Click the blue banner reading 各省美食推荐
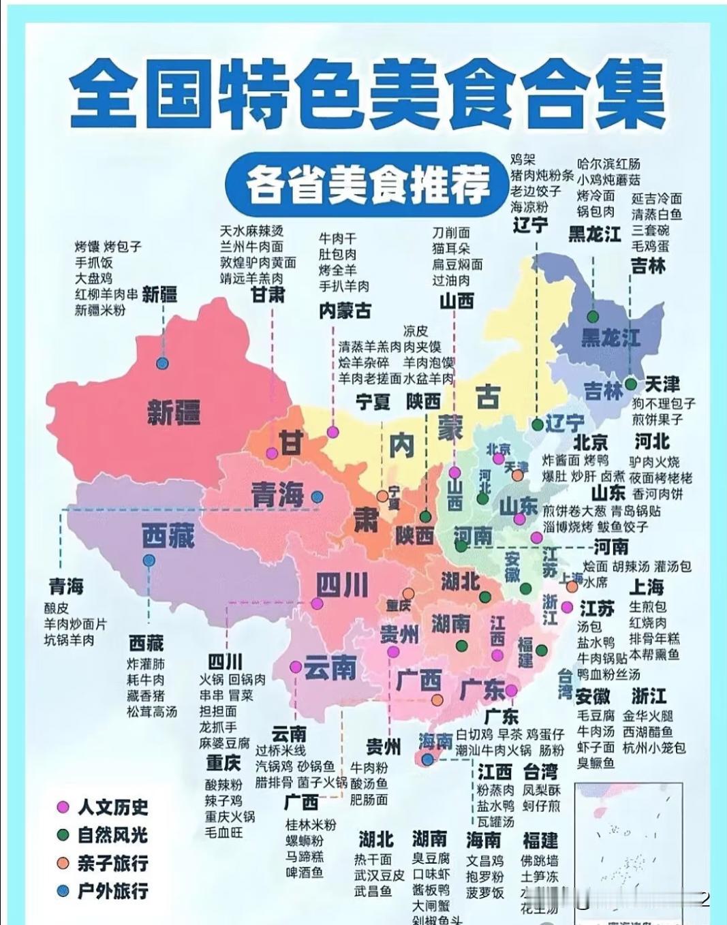[x=369, y=183]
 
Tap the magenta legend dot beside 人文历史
[x=63, y=807]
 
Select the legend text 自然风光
[x=112, y=835]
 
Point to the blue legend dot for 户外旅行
[x=63, y=891]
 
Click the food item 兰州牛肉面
[x=251, y=247]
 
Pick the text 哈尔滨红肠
[x=608, y=164]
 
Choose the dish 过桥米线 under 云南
[x=280, y=751]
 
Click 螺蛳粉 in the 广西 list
[x=304, y=841]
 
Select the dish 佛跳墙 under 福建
[x=540, y=860]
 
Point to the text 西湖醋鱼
[x=647, y=732]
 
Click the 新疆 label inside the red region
[x=174, y=411]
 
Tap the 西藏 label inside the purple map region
[x=168, y=536]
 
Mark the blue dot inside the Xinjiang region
[x=162, y=363]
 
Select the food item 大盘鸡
[x=93, y=279]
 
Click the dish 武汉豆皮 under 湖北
[x=379, y=875]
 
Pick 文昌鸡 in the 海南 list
[x=484, y=860]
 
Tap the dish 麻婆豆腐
[x=224, y=743]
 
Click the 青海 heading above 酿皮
[x=65, y=586]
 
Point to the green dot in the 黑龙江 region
[x=593, y=316]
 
